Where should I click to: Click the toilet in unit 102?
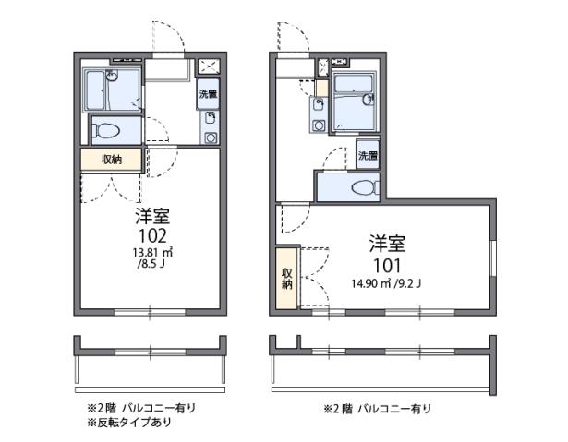click(107, 128)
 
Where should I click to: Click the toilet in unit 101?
click(363, 188)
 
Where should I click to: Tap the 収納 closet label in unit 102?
click(112, 160)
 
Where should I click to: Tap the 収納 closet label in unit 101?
click(287, 279)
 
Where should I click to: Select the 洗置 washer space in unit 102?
click(208, 94)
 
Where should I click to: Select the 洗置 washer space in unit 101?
click(368, 156)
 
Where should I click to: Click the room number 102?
click(152, 234)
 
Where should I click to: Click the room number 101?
click(388, 262)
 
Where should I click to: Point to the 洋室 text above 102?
click(152, 217)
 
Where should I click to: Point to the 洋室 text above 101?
click(388, 244)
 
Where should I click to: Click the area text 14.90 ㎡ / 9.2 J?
click(385, 282)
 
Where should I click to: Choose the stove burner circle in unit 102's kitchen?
click(211, 137)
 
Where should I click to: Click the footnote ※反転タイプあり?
click(129, 422)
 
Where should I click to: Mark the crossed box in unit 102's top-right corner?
click(207, 66)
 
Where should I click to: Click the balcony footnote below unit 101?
click(376, 408)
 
